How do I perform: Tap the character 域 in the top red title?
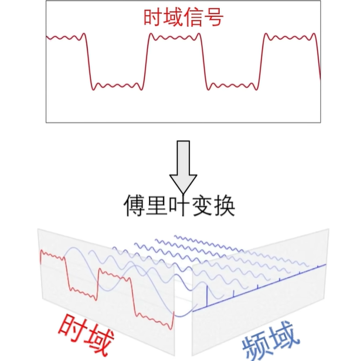coord(174,18)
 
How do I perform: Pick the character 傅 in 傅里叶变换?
coord(135,206)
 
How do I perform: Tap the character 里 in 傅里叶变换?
coord(157,206)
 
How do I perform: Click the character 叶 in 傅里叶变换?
coord(179,206)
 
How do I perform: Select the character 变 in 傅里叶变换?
coord(202,206)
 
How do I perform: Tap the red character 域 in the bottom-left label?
coord(105,343)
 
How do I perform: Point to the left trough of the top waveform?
coord(117,86)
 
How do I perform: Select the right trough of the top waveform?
coord(232,86)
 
